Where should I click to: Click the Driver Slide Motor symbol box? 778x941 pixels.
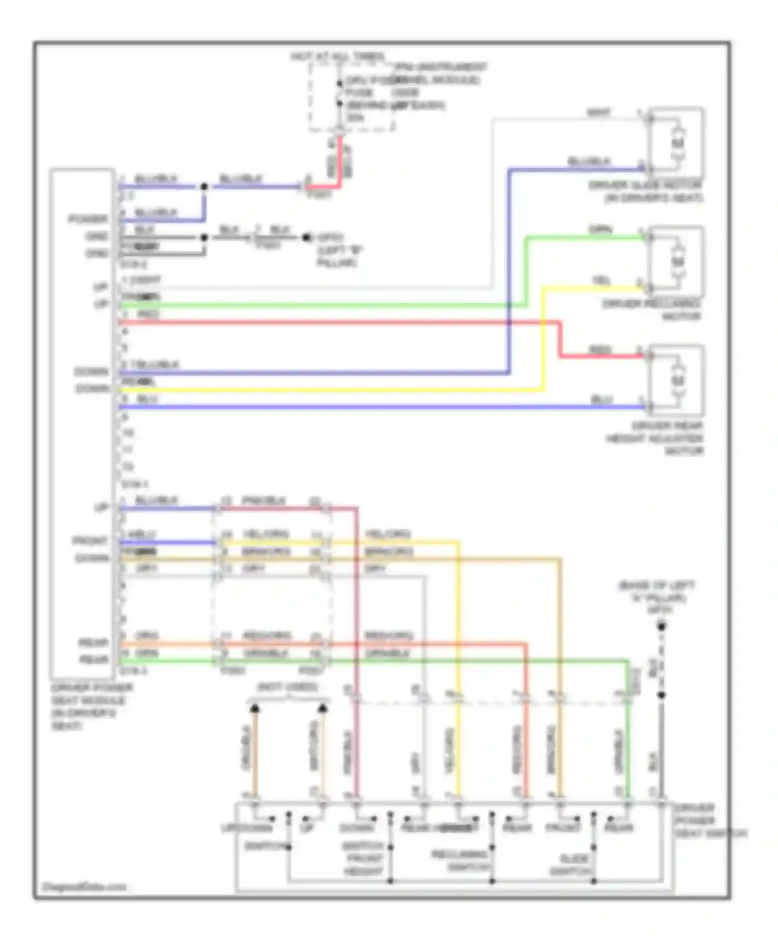coord(677,143)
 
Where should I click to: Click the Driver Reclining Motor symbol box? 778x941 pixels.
coord(677,262)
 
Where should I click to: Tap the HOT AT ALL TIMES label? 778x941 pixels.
coord(338,56)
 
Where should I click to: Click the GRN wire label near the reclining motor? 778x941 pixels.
coord(601,229)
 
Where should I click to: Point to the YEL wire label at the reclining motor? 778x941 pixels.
coord(602,281)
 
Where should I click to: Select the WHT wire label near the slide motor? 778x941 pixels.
coord(599,113)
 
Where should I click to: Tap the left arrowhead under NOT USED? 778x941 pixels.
coord(255,708)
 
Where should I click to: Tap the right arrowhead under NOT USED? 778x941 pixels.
coord(323,708)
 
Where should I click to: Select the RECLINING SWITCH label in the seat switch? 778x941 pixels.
coord(461,861)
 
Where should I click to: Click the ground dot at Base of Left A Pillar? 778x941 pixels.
coord(661,627)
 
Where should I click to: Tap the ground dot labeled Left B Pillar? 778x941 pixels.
coord(307,238)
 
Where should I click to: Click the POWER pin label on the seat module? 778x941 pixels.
coord(88,219)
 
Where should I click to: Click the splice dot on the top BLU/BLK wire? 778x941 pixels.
coord(204,186)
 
